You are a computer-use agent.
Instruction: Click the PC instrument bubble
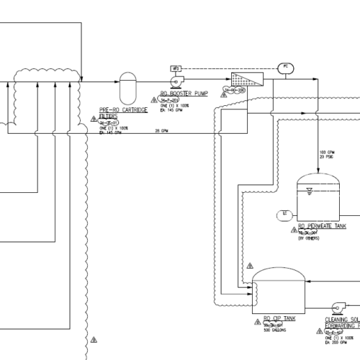coord(285,67)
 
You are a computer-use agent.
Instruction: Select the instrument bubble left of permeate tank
coord(285,214)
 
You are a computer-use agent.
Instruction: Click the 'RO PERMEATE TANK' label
coord(322,226)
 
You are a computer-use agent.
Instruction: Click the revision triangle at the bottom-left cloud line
coord(93,339)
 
